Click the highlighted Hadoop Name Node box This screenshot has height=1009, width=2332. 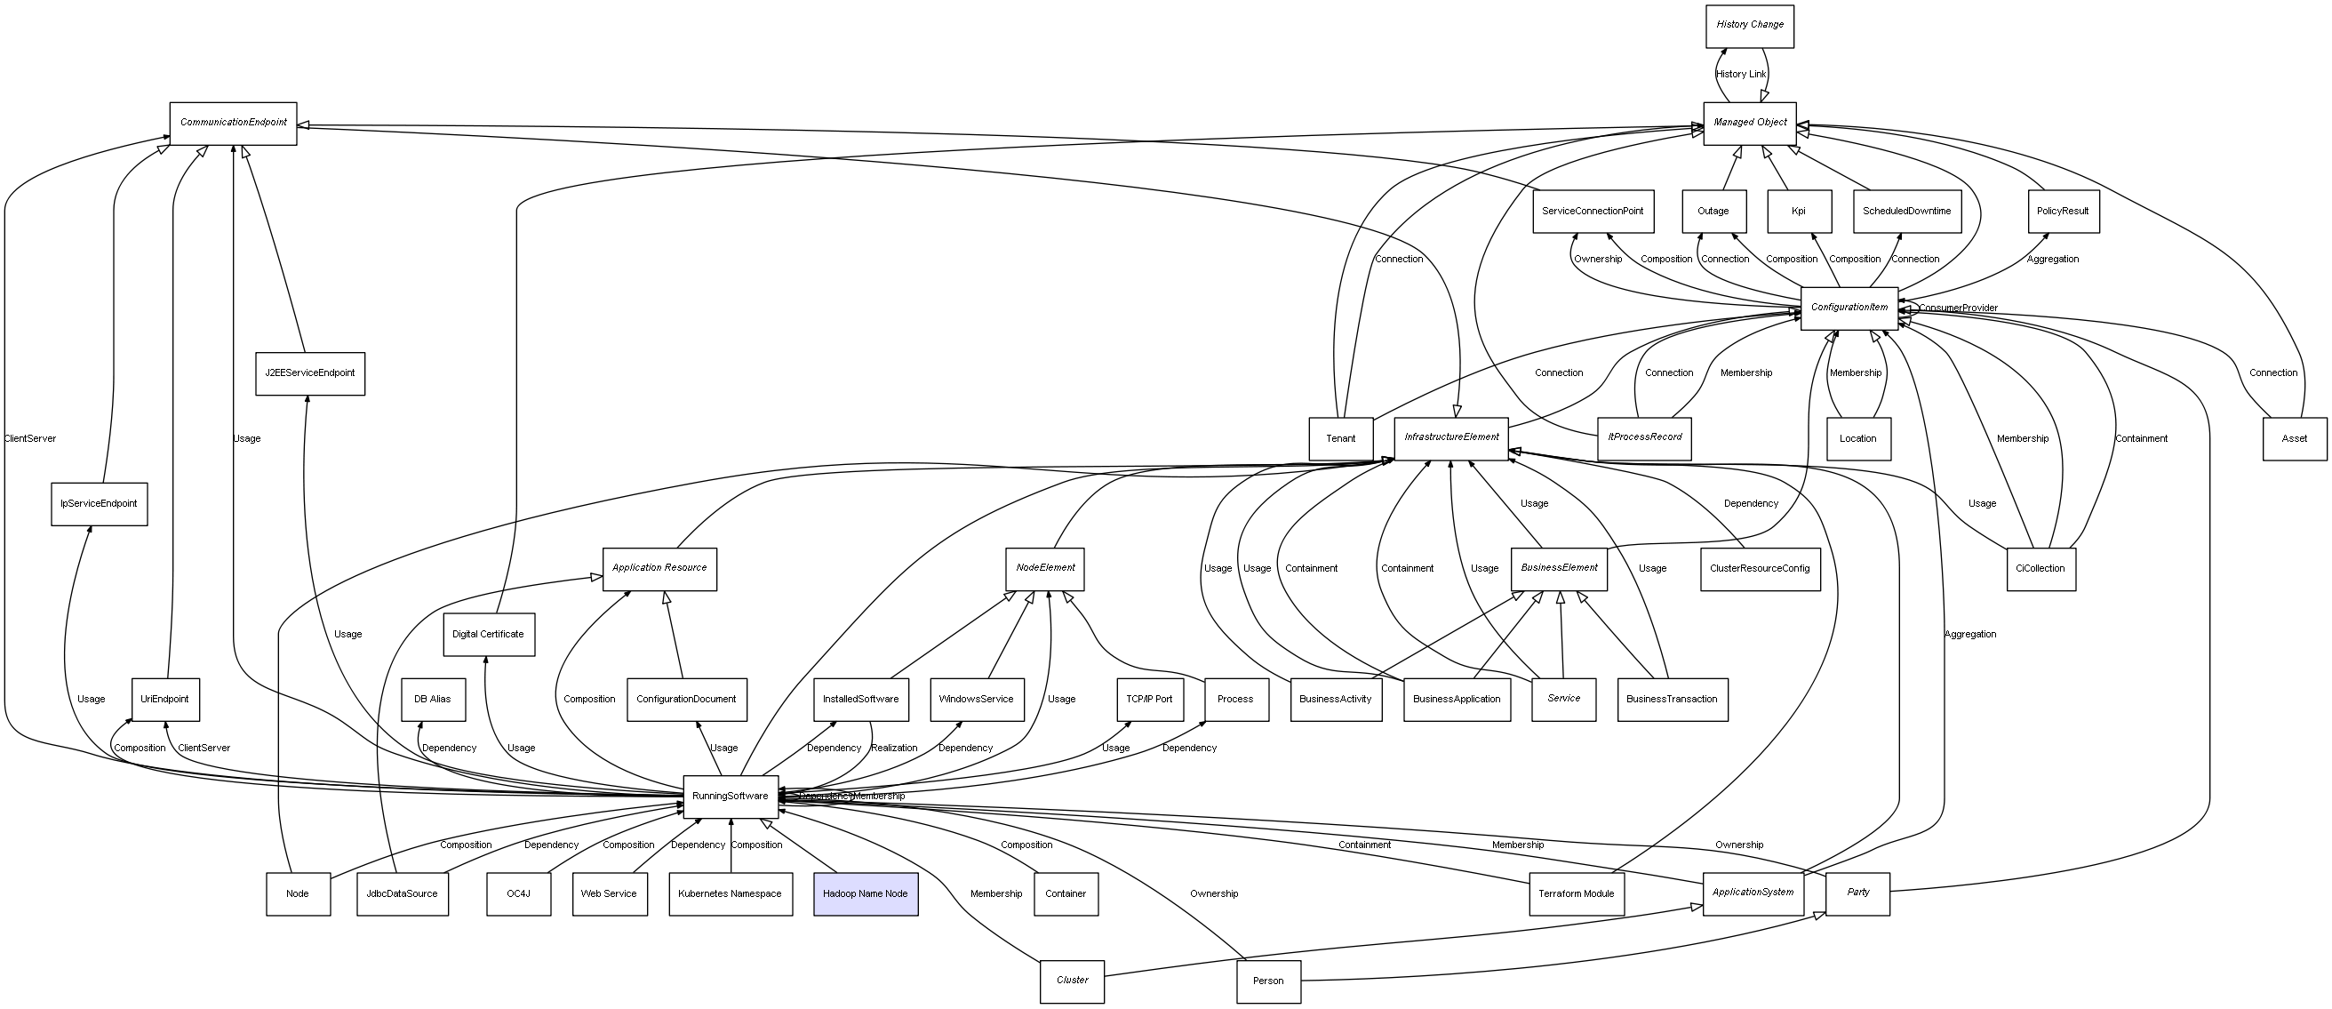pos(865,894)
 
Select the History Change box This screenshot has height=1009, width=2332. pos(1749,26)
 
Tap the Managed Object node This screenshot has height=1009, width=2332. pos(1749,123)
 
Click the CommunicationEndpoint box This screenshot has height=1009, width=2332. pos(233,123)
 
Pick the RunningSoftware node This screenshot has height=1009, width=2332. pos(730,797)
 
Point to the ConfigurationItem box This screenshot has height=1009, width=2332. pos(1849,308)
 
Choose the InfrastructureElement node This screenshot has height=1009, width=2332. pos(1451,437)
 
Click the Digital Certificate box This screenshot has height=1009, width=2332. pos(488,634)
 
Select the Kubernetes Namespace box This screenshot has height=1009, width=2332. pos(730,894)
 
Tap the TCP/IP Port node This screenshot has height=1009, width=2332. pos(1149,700)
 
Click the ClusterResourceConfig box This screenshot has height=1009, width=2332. pos(1759,569)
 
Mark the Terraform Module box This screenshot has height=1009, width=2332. pos(1576,894)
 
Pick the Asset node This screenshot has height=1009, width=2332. pos(2294,438)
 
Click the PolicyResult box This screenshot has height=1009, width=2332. pos(2062,211)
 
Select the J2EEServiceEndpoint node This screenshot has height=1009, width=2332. pos(309,373)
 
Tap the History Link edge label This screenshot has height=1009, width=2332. pos(1740,75)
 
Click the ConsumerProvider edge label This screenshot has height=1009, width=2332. pos(1957,308)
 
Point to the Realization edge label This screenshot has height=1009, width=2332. pos(893,749)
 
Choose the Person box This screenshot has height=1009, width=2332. pos(1267,981)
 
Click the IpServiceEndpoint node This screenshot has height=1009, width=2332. pos(99,503)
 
